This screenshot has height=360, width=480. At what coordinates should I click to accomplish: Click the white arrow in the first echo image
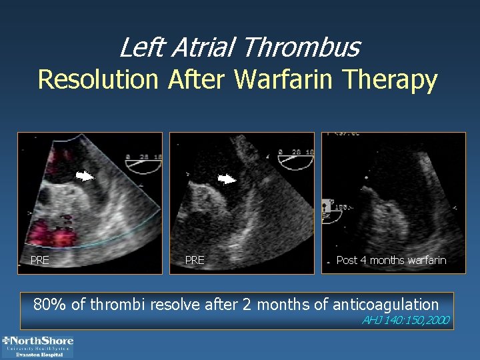click(x=85, y=177)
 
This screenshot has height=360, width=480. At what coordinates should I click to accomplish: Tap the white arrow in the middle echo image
click(x=227, y=179)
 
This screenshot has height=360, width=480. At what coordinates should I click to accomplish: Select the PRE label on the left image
click(x=40, y=260)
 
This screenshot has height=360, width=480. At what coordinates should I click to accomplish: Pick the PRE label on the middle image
click(x=195, y=260)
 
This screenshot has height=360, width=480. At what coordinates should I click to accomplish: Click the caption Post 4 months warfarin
click(x=391, y=260)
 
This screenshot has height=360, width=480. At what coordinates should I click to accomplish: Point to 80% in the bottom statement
click(x=50, y=305)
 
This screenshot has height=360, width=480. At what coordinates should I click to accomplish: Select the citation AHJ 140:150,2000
click(x=405, y=321)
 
